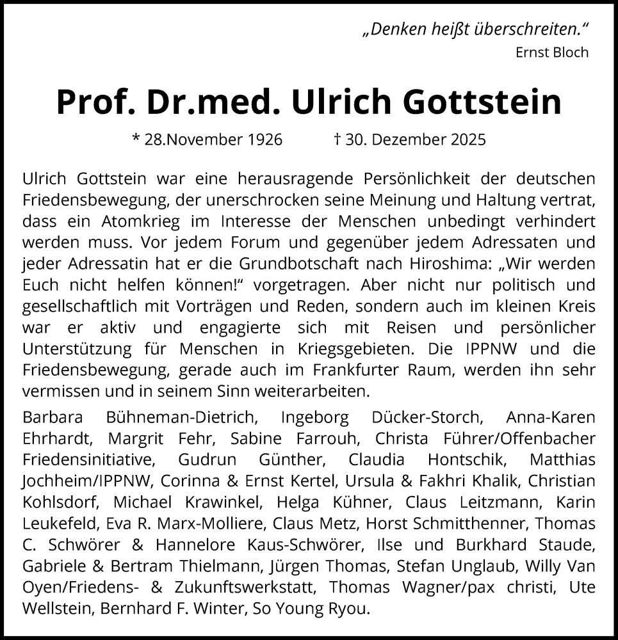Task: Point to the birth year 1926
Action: pos(264,140)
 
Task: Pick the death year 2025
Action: pos(468,140)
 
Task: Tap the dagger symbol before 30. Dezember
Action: pos(336,139)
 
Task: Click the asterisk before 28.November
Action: pos(135,139)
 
